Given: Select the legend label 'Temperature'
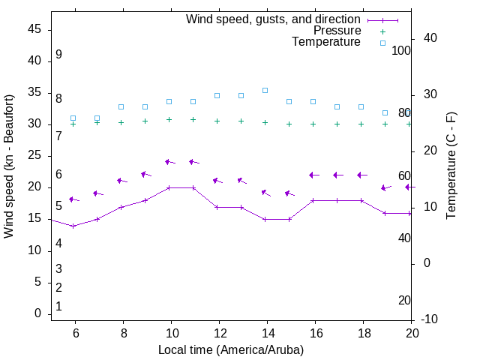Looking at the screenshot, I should point(326,42).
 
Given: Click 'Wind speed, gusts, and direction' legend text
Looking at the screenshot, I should point(274,19).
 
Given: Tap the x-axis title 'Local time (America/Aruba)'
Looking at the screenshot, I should point(231,349).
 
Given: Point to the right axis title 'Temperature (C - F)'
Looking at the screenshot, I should point(451,166).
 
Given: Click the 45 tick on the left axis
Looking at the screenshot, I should point(34,30).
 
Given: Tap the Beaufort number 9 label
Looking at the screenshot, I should point(58,55).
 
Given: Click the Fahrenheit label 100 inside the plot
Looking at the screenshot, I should point(401,50).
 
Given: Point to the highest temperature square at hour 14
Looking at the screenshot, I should point(265,90).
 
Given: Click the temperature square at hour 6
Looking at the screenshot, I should point(73,118).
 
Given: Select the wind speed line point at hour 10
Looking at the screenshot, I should point(169,187).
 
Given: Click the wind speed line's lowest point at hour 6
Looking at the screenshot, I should point(73,226).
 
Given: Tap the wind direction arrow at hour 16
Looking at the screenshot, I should point(314,175).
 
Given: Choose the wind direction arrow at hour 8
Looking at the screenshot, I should point(122,181).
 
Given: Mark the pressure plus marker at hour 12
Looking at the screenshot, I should point(217,121).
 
